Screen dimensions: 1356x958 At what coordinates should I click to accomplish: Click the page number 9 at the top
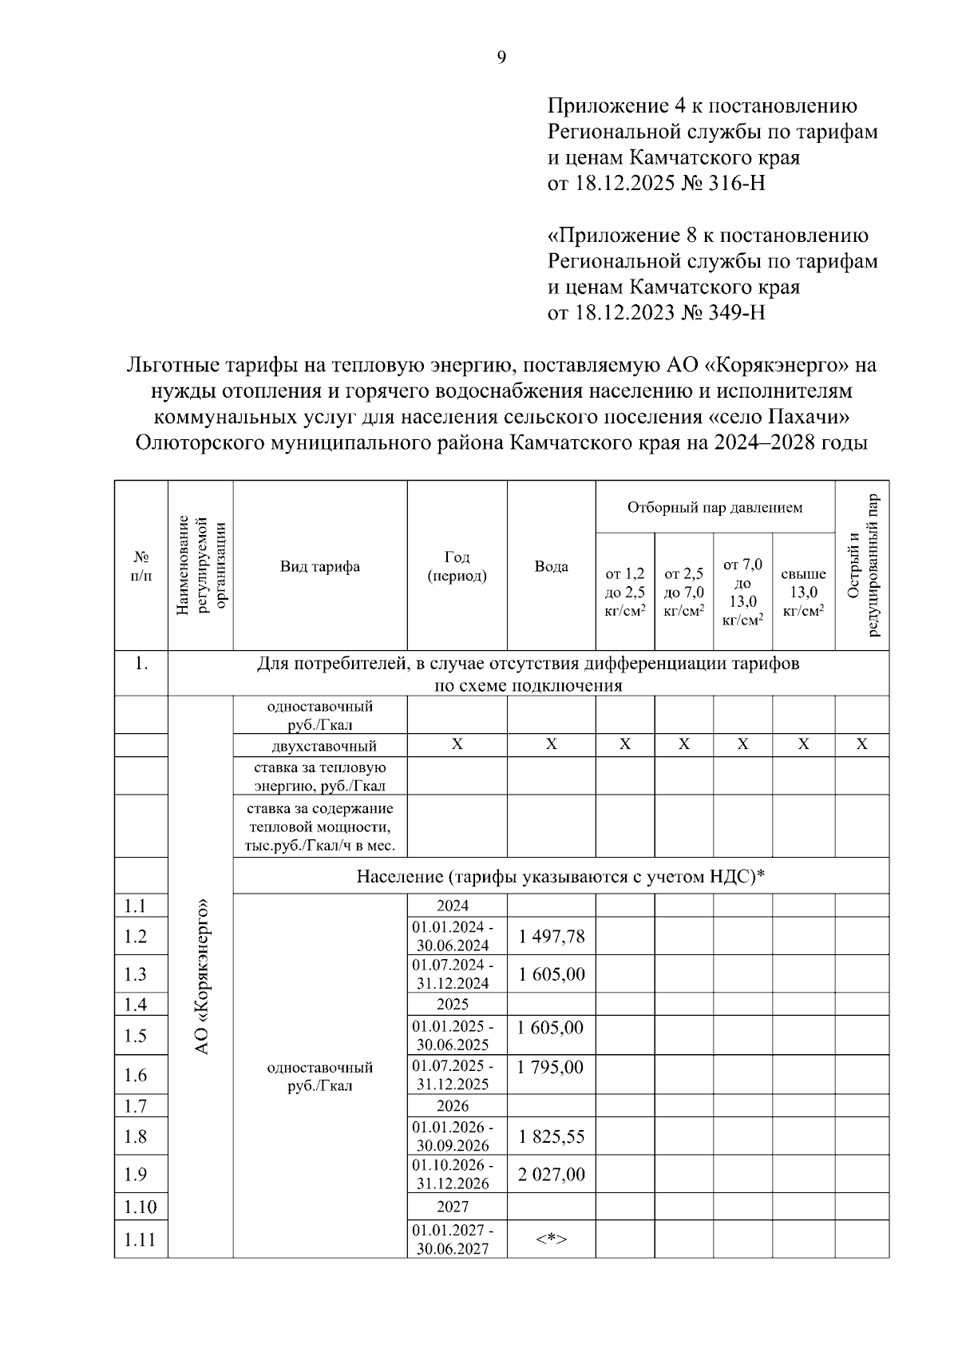click(501, 57)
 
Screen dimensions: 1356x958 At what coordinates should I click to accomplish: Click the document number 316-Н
click(737, 184)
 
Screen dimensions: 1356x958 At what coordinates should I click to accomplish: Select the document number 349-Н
click(737, 312)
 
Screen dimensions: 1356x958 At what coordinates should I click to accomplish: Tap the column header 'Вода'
click(551, 567)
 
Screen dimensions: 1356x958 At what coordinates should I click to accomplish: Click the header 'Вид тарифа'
click(319, 567)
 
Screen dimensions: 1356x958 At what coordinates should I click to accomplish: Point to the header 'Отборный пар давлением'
click(715, 508)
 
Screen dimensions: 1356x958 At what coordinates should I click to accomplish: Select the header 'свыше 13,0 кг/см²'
click(803, 592)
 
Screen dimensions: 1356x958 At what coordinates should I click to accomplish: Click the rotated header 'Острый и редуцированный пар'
click(862, 566)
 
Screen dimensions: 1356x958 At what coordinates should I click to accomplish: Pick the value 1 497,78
click(551, 937)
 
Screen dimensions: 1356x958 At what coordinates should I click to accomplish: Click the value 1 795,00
click(551, 1068)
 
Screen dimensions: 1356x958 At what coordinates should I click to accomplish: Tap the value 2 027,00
click(551, 1175)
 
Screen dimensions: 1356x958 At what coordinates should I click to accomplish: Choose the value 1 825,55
click(551, 1136)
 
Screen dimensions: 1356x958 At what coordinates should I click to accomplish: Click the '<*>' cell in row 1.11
click(551, 1239)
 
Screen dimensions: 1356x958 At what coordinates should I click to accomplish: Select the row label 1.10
click(141, 1207)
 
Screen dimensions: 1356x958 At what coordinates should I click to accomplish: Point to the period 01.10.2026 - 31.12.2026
click(453, 1175)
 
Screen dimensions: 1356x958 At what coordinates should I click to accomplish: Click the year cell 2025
click(453, 1005)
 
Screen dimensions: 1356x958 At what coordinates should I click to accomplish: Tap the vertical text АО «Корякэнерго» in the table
click(202, 975)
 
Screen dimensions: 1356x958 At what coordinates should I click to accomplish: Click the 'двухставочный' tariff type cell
click(319, 747)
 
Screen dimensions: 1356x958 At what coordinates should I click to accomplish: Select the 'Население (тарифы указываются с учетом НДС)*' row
click(560, 877)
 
